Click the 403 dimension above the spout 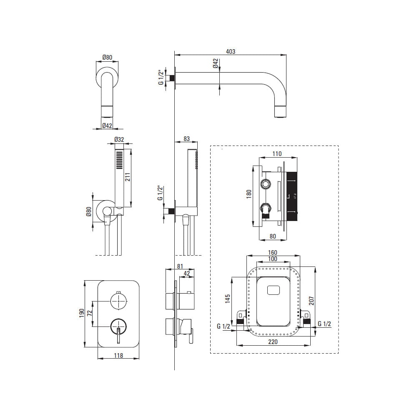(230, 51)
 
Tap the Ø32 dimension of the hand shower (119, 139)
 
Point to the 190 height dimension (82, 313)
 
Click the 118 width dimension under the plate (118, 355)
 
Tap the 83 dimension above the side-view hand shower (187, 138)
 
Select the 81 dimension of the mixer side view (180, 266)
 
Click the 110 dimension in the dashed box (277, 154)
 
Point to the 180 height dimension (249, 194)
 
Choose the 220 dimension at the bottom (273, 342)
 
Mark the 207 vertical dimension (311, 301)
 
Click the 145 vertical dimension (228, 299)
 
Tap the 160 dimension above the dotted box (273, 253)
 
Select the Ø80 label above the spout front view (107, 57)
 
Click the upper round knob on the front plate (118, 301)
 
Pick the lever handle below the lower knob (118, 336)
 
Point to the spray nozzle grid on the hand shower (120, 160)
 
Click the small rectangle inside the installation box (274, 290)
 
